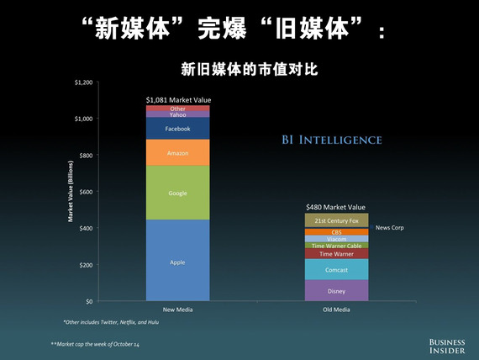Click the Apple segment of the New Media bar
(x=178, y=260)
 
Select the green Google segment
(x=178, y=193)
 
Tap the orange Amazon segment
(x=178, y=152)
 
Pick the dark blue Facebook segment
(x=178, y=129)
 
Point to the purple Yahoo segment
(x=178, y=114)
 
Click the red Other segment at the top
(x=178, y=109)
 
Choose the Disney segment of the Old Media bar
(x=337, y=290)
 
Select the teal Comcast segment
(x=337, y=269)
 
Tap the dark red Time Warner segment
(x=337, y=253)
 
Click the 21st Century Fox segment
(x=337, y=220)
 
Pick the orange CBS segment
(x=337, y=232)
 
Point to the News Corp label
(x=389, y=228)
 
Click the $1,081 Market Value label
(x=178, y=100)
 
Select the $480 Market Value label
(x=336, y=207)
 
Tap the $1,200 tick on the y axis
(x=84, y=82)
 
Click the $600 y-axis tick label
(x=87, y=192)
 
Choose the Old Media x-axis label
(x=336, y=310)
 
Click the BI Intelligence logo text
(x=332, y=140)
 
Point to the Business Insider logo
(x=447, y=347)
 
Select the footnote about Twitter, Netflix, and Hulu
(x=111, y=322)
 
